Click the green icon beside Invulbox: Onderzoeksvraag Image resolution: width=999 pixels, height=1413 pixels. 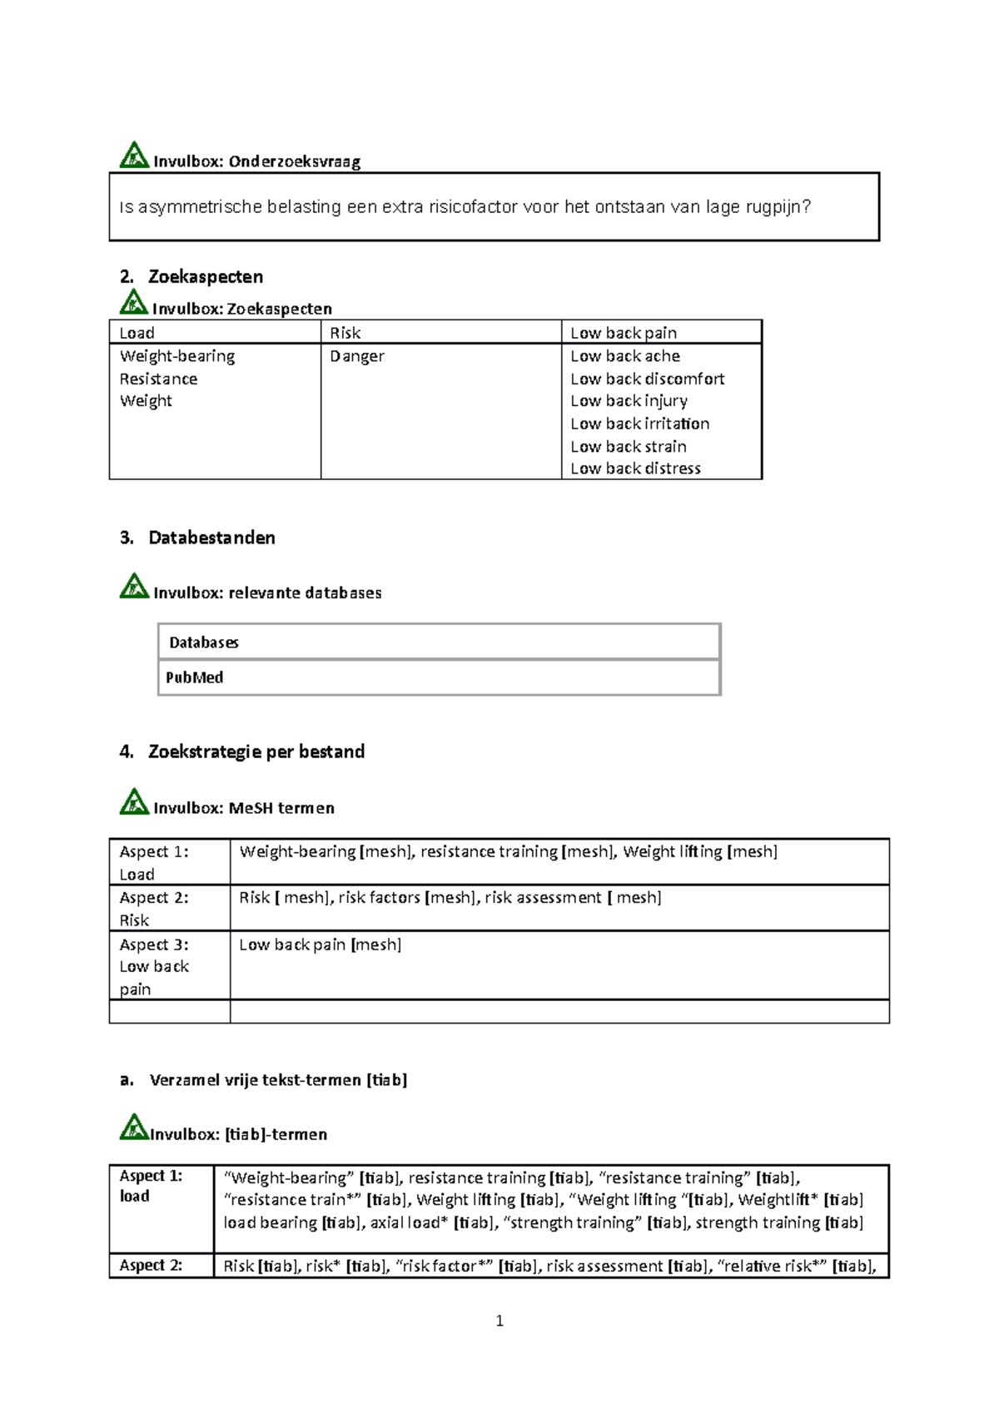(133, 156)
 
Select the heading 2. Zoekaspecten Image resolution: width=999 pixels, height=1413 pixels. (191, 277)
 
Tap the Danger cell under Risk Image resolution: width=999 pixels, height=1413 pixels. (357, 356)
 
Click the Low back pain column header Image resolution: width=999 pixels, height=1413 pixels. (624, 333)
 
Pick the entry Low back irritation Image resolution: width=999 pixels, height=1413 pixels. (639, 424)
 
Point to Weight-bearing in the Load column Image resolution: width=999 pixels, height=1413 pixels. (177, 356)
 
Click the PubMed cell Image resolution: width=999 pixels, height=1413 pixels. (195, 677)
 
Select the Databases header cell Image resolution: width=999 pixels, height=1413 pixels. (204, 642)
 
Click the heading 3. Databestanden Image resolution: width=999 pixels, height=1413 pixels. (198, 538)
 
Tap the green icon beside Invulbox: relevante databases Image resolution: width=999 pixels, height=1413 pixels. (134, 587)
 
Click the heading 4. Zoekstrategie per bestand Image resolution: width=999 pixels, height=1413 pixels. (242, 752)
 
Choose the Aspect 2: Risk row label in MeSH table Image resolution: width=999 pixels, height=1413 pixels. (154, 909)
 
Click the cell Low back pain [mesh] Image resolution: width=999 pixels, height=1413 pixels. (321, 944)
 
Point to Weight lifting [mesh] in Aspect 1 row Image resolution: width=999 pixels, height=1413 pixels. (699, 851)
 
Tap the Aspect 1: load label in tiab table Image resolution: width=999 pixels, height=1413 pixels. (151, 1186)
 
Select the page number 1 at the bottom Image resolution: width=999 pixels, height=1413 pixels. (499, 1321)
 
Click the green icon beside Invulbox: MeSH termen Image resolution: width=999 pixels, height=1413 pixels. (134, 801)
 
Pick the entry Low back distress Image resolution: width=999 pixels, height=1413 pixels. (635, 469)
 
